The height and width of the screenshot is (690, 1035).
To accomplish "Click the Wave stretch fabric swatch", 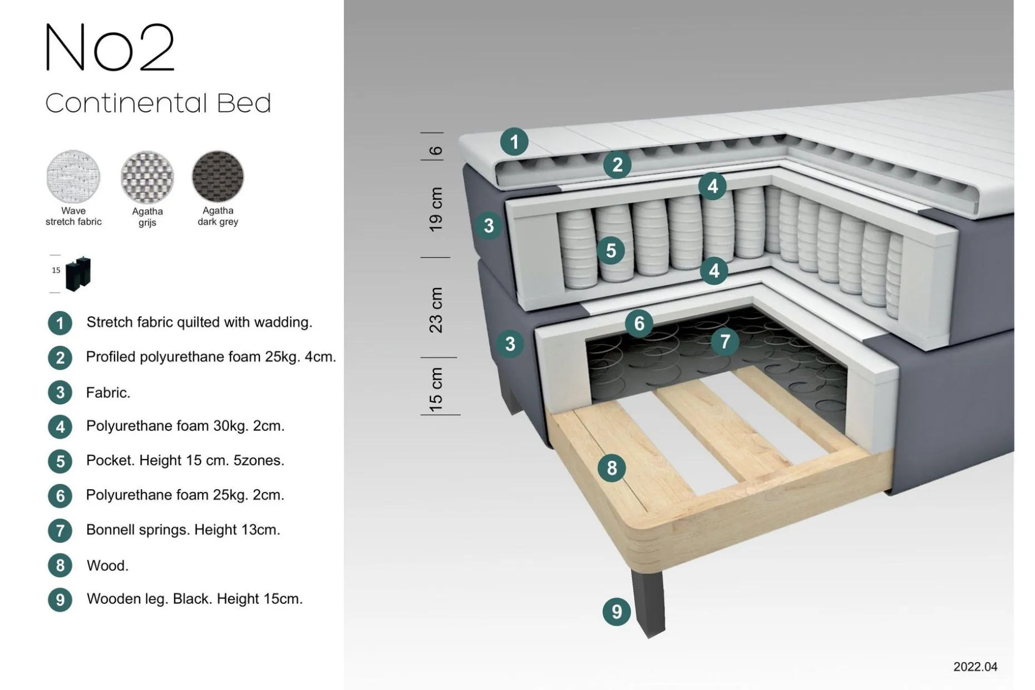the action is (73, 177).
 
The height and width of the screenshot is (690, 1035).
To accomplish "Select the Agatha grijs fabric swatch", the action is (147, 178).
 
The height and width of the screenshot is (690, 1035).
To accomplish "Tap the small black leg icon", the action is (78, 274).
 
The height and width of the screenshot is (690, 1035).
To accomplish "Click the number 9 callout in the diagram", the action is (617, 612).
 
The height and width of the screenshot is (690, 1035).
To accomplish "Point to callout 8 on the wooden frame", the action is (612, 468).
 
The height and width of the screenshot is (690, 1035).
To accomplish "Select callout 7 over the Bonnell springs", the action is (725, 341).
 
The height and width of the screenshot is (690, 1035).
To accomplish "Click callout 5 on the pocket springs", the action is (611, 250).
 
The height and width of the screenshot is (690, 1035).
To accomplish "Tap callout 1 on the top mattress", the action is (514, 141).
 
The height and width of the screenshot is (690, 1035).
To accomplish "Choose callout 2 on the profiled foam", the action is (617, 165).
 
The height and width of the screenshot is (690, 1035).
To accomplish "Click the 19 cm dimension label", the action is (436, 209).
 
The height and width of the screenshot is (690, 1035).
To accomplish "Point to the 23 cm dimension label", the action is (436, 310).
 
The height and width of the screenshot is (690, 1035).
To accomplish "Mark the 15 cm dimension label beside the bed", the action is (436, 390).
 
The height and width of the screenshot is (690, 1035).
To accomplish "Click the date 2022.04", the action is (975, 667).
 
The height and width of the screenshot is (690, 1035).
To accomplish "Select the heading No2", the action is (110, 48).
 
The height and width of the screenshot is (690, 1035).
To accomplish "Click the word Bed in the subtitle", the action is (244, 103).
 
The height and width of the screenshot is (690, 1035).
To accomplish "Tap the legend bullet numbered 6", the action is (60, 496).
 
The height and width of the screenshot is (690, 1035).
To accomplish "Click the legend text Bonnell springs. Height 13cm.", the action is (183, 530).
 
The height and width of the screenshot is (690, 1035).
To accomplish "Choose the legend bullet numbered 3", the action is (60, 392).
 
